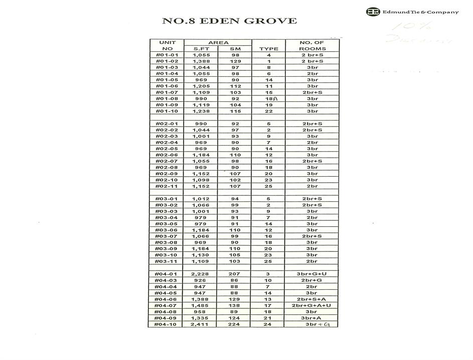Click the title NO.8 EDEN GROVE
pos(229,21)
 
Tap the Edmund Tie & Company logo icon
pos(373,12)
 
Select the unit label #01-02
pos(167,61)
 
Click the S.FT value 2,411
pos(201,324)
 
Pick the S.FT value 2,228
pos(201,274)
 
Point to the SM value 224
pos(235,324)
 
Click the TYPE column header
pos(268,49)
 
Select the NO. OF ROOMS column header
pos(312,46)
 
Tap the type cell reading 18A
pos(271,99)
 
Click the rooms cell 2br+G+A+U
pos(312,305)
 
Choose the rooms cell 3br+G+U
pos(312,274)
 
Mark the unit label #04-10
pos(167,324)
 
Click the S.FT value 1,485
pos(201,305)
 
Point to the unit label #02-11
pos(167,186)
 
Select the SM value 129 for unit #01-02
pos(235,61)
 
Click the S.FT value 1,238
pos(201,111)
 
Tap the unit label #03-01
pos(167,199)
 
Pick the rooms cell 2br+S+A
pos(312,299)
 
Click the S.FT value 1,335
pos(201,318)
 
